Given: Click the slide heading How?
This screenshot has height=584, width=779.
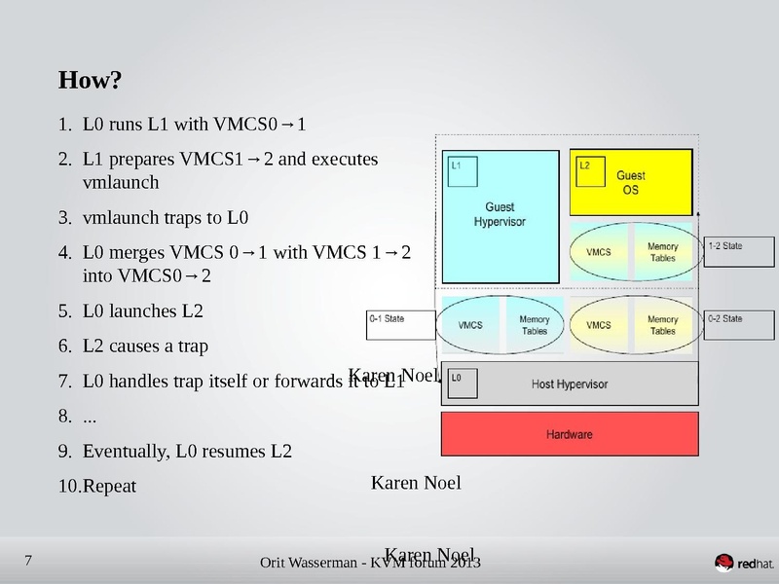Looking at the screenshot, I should point(90,79).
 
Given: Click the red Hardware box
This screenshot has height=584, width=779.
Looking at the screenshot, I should point(569,434).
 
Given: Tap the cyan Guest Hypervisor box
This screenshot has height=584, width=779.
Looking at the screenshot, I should point(500,216).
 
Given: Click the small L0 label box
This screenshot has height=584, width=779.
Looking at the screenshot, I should point(463,383).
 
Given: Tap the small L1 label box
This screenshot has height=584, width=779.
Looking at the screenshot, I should point(462,172).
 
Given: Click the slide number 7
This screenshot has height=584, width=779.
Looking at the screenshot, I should point(27,560).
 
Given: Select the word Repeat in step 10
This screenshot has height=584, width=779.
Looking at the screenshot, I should point(110,486).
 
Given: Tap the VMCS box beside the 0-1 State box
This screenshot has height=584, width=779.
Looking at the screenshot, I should point(470,325).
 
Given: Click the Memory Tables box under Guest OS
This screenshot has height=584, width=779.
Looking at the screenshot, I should point(662,252).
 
